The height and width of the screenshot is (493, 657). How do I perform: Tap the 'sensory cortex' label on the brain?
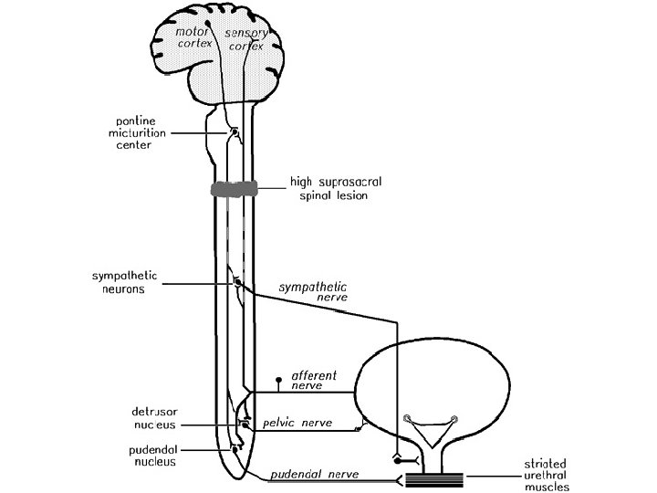[x=245, y=37]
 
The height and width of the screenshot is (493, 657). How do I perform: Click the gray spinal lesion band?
[x=235, y=189]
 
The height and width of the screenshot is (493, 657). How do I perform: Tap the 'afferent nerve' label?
[x=314, y=380]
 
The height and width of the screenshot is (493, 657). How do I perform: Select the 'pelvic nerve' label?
[x=295, y=423]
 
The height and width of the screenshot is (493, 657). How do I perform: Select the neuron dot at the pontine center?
[x=235, y=132]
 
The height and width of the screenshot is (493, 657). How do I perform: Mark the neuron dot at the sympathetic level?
[x=238, y=283]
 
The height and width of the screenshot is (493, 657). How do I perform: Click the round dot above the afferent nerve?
[x=279, y=376]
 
